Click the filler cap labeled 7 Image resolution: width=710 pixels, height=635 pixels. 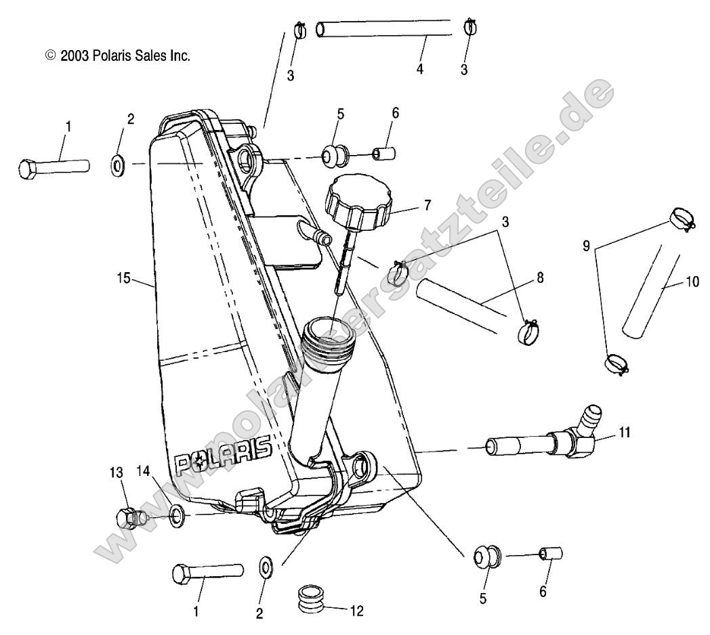point(358,202)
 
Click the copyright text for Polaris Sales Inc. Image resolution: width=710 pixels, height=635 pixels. point(117,56)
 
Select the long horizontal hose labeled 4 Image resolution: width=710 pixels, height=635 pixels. point(384,28)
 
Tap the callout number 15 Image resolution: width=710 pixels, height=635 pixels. point(123,278)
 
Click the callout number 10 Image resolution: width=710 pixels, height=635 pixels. point(692,282)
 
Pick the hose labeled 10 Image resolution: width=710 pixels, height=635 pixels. point(650,296)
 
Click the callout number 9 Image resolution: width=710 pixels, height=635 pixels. point(587,246)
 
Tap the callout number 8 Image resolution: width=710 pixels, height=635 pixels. point(540,278)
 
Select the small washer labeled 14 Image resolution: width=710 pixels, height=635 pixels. point(177,517)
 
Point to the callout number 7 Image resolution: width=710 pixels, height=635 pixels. point(427,206)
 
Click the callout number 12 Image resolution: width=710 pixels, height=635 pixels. point(357,611)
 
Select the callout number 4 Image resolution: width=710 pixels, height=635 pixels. point(420,69)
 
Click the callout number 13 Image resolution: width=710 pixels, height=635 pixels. point(117,473)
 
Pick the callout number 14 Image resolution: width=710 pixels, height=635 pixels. point(143,471)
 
